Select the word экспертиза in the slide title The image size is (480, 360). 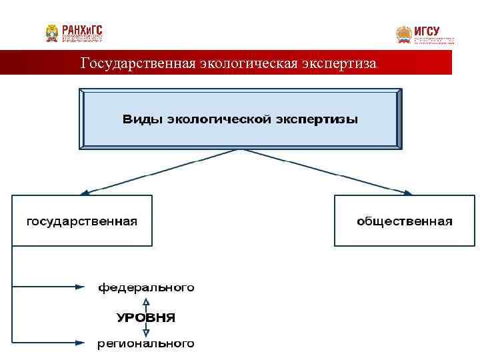pyautogui.click(x=339, y=64)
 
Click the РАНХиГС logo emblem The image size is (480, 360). pyautogui.click(x=51, y=33)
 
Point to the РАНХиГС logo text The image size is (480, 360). pyautogui.click(x=83, y=30)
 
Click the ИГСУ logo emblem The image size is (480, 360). pyautogui.click(x=403, y=34)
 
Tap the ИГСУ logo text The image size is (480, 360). pyautogui.click(x=427, y=30)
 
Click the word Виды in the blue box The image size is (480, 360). pyautogui.click(x=142, y=120)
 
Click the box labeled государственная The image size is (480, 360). pyautogui.click(x=82, y=221)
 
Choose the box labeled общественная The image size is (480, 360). pyautogui.click(x=405, y=221)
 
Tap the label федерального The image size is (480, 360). pyautogui.click(x=147, y=288)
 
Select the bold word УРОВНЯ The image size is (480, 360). pyautogui.click(x=146, y=317)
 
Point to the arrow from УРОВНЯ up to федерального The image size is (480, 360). pyautogui.click(x=146, y=304)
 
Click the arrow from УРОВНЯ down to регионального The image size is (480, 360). pyautogui.click(x=146, y=331)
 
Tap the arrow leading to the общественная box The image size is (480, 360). pyautogui.click(x=327, y=172)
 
